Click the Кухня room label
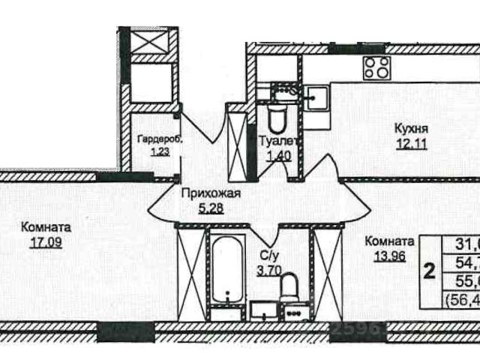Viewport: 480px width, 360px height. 411,128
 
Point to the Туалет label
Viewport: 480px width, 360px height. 279,141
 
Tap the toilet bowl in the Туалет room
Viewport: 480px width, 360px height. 276,117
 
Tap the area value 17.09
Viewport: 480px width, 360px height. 47,243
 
